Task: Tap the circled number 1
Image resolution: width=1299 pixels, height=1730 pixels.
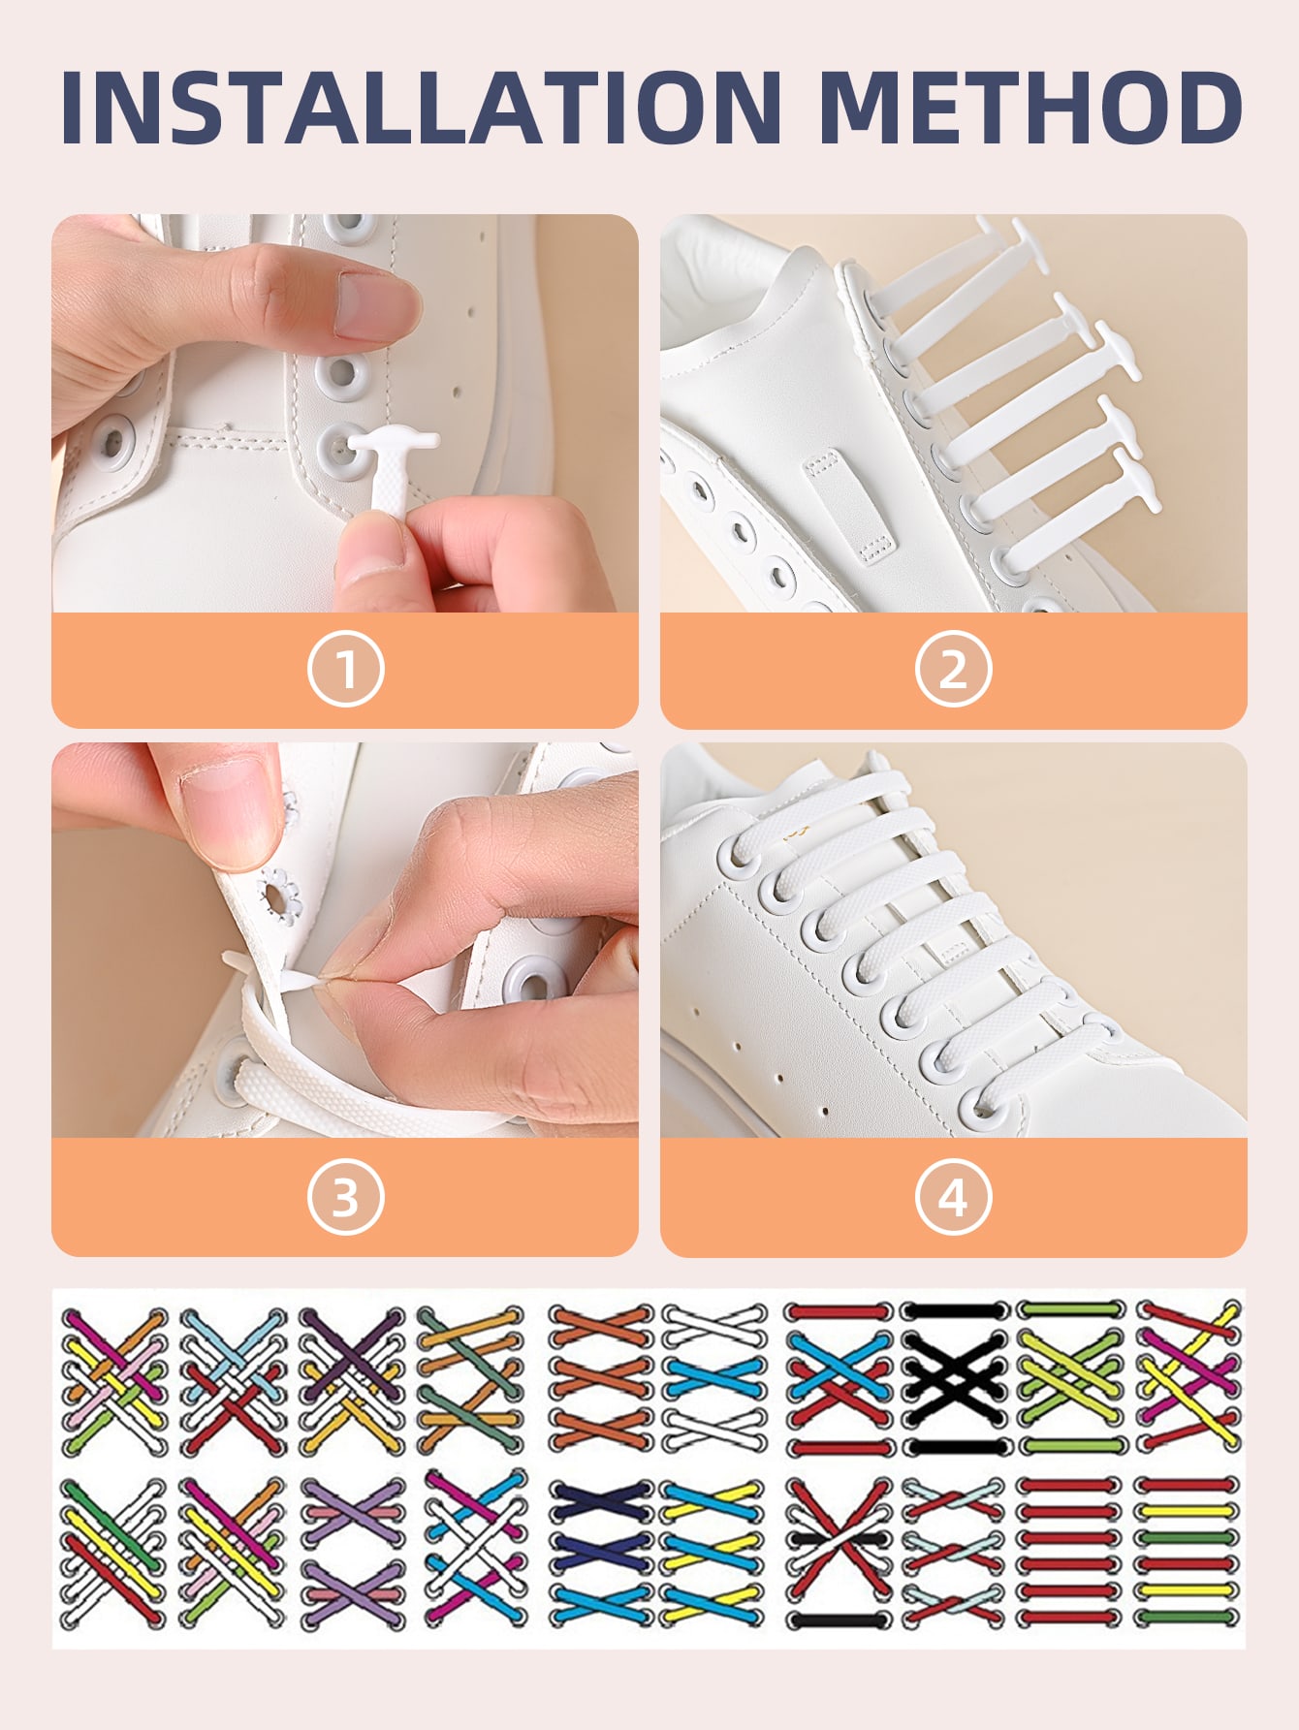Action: click(x=346, y=669)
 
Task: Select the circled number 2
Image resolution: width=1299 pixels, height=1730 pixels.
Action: click(x=953, y=669)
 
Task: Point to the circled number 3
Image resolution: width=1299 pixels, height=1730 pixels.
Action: click(x=346, y=1197)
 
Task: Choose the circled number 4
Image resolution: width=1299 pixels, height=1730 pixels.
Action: click(x=953, y=1197)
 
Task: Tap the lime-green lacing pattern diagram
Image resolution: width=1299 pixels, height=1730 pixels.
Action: click(x=1070, y=1377)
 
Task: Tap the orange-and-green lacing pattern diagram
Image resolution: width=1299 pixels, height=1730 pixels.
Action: click(x=471, y=1377)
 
